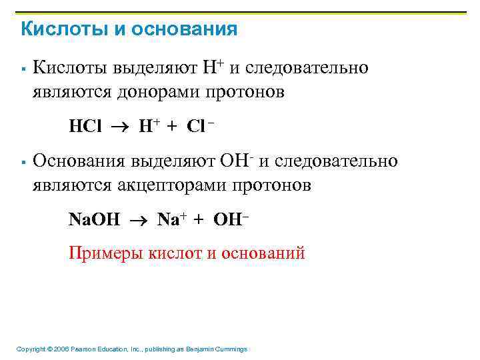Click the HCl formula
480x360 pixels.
click(85, 127)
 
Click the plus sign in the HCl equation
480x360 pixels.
click(173, 127)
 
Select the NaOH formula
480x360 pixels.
click(95, 219)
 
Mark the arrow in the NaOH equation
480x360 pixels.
click(139, 219)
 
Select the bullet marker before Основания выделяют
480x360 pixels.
click(23, 162)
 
